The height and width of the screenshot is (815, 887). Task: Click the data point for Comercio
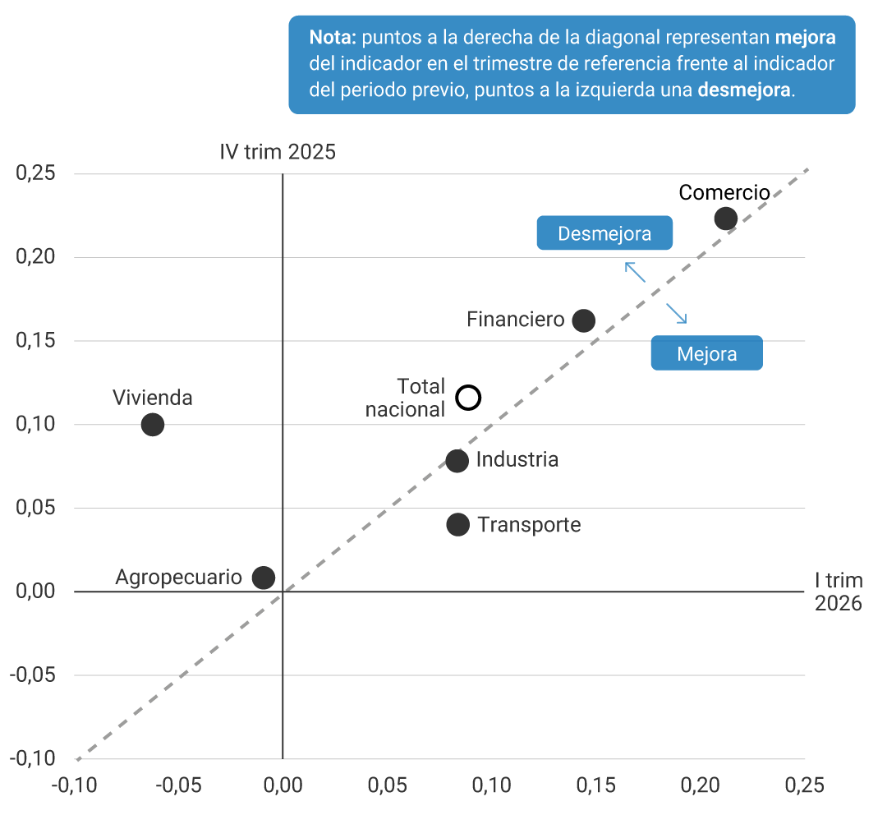pyautogui.click(x=725, y=219)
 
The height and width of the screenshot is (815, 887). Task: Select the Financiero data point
pyautogui.click(x=583, y=320)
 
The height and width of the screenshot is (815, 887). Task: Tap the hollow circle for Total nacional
pyautogui.click(x=468, y=398)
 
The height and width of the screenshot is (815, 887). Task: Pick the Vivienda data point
pyautogui.click(x=153, y=425)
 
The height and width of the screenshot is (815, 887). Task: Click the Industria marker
pyautogui.click(x=457, y=461)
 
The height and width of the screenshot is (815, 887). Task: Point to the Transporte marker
pyautogui.click(x=457, y=524)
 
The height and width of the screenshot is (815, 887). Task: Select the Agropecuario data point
pyautogui.click(x=263, y=578)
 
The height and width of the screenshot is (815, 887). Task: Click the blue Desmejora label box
pyautogui.click(x=604, y=233)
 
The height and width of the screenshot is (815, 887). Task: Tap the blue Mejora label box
pyautogui.click(x=706, y=354)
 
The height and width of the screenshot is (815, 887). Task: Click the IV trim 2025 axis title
pyautogui.click(x=277, y=152)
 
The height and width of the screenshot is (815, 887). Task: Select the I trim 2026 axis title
pyautogui.click(x=838, y=592)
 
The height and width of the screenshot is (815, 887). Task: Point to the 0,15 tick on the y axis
pyautogui.click(x=35, y=341)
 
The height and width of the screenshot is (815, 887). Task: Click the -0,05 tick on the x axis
pyautogui.click(x=178, y=785)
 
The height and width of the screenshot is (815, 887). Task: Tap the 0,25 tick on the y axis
pyautogui.click(x=35, y=174)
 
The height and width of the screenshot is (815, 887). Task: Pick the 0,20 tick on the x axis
pyautogui.click(x=700, y=785)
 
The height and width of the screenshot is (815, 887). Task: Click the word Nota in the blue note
pyautogui.click(x=333, y=38)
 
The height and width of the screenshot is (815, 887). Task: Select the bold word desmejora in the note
pyautogui.click(x=745, y=90)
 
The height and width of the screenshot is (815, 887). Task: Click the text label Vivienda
pyautogui.click(x=153, y=398)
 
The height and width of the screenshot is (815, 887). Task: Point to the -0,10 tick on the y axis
pyautogui.click(x=34, y=758)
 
